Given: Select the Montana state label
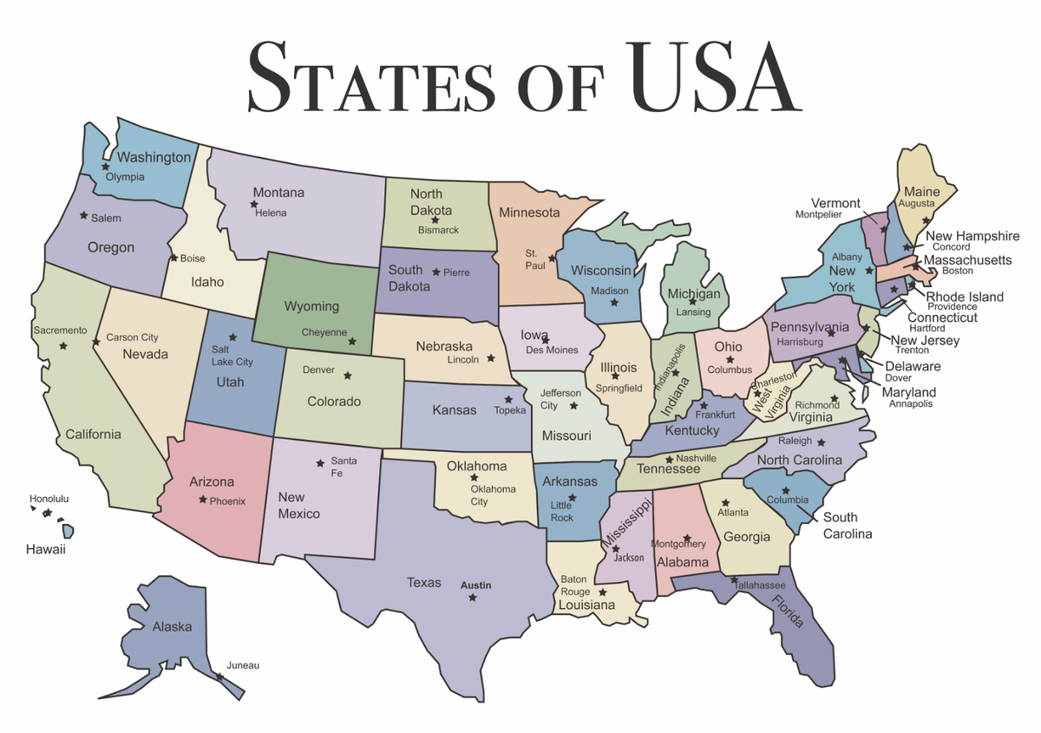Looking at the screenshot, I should click(x=278, y=193).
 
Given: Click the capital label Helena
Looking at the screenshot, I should click(x=271, y=213).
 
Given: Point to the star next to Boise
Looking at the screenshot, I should click(x=173, y=258).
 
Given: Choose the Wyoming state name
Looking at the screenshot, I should click(x=311, y=306).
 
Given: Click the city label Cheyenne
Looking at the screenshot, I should click(x=324, y=332).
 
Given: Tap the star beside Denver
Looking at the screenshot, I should click(x=348, y=376).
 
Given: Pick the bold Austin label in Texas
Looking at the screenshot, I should click(x=475, y=586).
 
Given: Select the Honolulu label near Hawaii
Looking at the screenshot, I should click(x=49, y=499).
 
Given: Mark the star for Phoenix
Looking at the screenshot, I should click(x=202, y=500).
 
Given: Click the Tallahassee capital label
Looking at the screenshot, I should click(x=760, y=586).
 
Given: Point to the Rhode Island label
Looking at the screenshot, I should click(x=965, y=297).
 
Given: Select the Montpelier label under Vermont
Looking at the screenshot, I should click(x=818, y=214).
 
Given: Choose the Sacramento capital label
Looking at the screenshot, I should click(x=60, y=330).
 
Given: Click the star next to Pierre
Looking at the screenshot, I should click(x=435, y=272).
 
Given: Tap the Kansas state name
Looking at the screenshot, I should click(x=455, y=409).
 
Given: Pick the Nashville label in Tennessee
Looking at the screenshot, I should click(x=696, y=458).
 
